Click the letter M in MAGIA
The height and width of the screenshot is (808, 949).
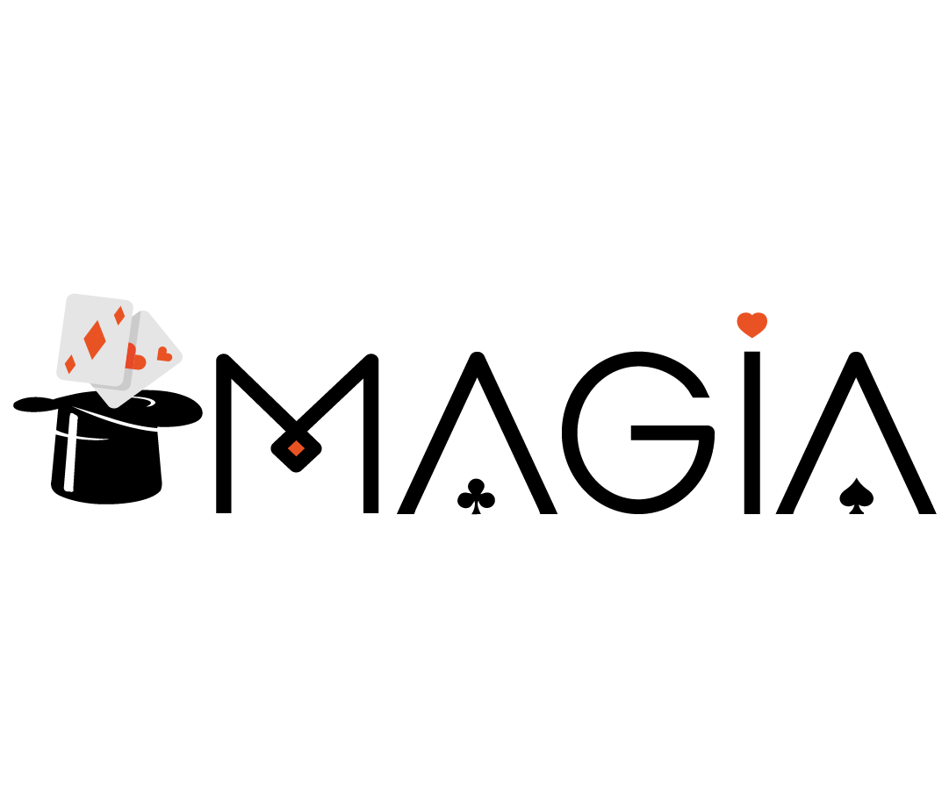pyautogui.click(x=224, y=435)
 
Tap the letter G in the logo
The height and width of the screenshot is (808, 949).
pyautogui.click(x=570, y=433)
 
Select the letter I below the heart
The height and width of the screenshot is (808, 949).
pyautogui.click(x=751, y=433)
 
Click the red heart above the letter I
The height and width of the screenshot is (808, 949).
pyautogui.click(x=752, y=325)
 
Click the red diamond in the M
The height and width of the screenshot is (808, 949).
pyautogui.click(x=296, y=448)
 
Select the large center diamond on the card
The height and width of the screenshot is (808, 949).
pyautogui.click(x=95, y=340)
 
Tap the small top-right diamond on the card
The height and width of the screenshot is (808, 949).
pyautogui.click(x=120, y=315)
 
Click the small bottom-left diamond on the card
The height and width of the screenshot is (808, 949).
pyautogui.click(x=70, y=364)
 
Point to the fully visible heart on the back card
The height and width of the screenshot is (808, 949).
pyautogui.click(x=164, y=354)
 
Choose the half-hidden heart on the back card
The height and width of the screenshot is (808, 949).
pyautogui.click(x=137, y=357)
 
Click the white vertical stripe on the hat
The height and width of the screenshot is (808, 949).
pyautogui.click(x=71, y=453)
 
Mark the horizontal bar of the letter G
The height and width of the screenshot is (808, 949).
pyautogui.click(x=669, y=433)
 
